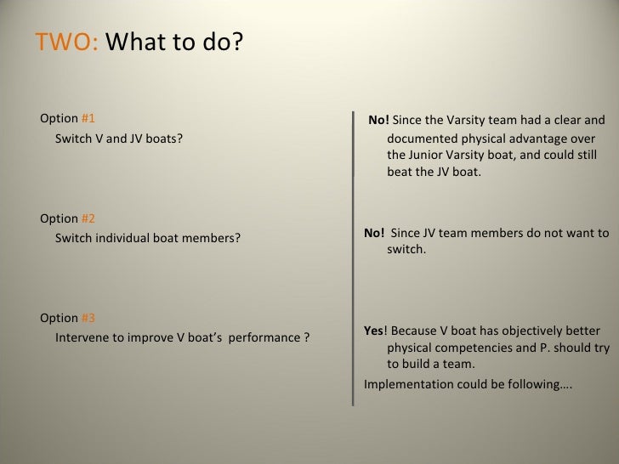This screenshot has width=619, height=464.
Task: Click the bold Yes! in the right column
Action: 374,331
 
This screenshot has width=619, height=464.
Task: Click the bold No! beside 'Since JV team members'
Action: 374,233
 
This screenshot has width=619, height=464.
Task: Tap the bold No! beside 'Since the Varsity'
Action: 379,121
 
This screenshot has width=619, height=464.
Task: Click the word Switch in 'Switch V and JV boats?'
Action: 73,138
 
